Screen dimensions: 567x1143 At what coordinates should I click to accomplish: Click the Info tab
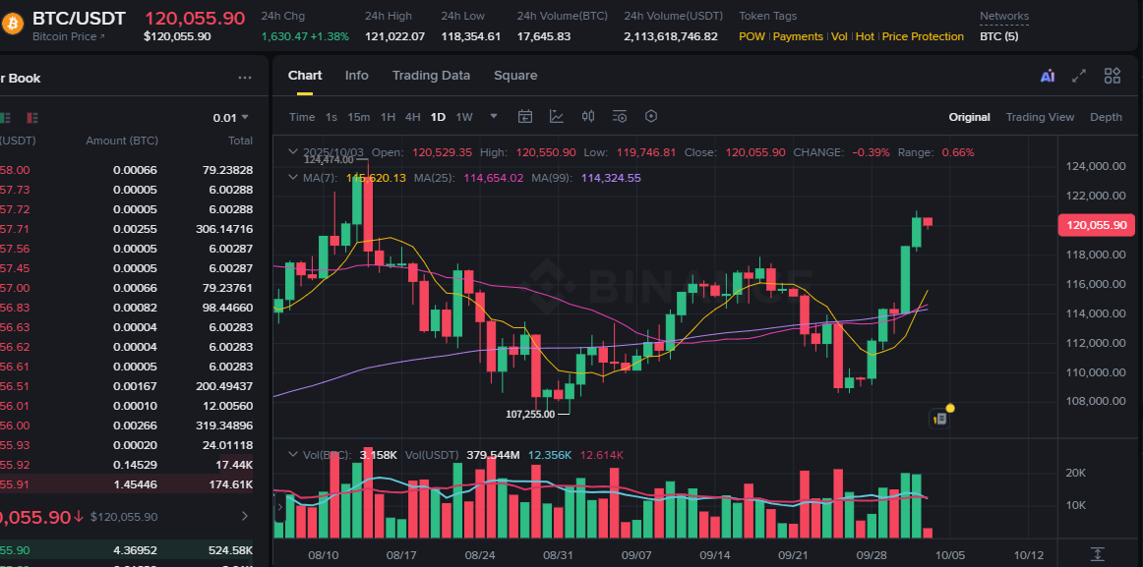[356, 76]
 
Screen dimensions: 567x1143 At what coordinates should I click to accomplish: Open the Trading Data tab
[431, 76]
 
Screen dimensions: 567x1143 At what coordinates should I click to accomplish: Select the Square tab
[515, 76]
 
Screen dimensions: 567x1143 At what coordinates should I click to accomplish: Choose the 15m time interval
[358, 117]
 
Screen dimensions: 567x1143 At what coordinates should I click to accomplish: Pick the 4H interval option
[413, 117]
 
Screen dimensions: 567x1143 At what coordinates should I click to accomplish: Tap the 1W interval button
[464, 117]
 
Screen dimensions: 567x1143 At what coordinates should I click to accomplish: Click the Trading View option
[1040, 117]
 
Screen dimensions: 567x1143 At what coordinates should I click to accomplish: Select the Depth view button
[1106, 117]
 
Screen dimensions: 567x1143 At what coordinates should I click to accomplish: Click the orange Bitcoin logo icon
[13, 18]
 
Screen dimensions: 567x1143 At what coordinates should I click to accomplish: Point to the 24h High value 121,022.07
[394, 36]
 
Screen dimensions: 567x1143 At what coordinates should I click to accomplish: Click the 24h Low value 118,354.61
[470, 36]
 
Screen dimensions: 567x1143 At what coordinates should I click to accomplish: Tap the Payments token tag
[798, 36]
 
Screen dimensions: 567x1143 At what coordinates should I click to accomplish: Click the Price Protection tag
[923, 36]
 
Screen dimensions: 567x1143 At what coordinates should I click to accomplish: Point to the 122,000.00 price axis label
[1096, 196]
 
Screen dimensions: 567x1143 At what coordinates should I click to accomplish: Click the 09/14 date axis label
[714, 555]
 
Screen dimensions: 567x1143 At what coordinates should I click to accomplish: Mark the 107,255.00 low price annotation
[530, 414]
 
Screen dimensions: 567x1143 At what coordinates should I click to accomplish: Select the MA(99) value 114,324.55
[611, 178]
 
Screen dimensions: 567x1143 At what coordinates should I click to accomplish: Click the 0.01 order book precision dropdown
[231, 118]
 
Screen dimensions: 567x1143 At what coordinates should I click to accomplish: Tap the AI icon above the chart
[1047, 76]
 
